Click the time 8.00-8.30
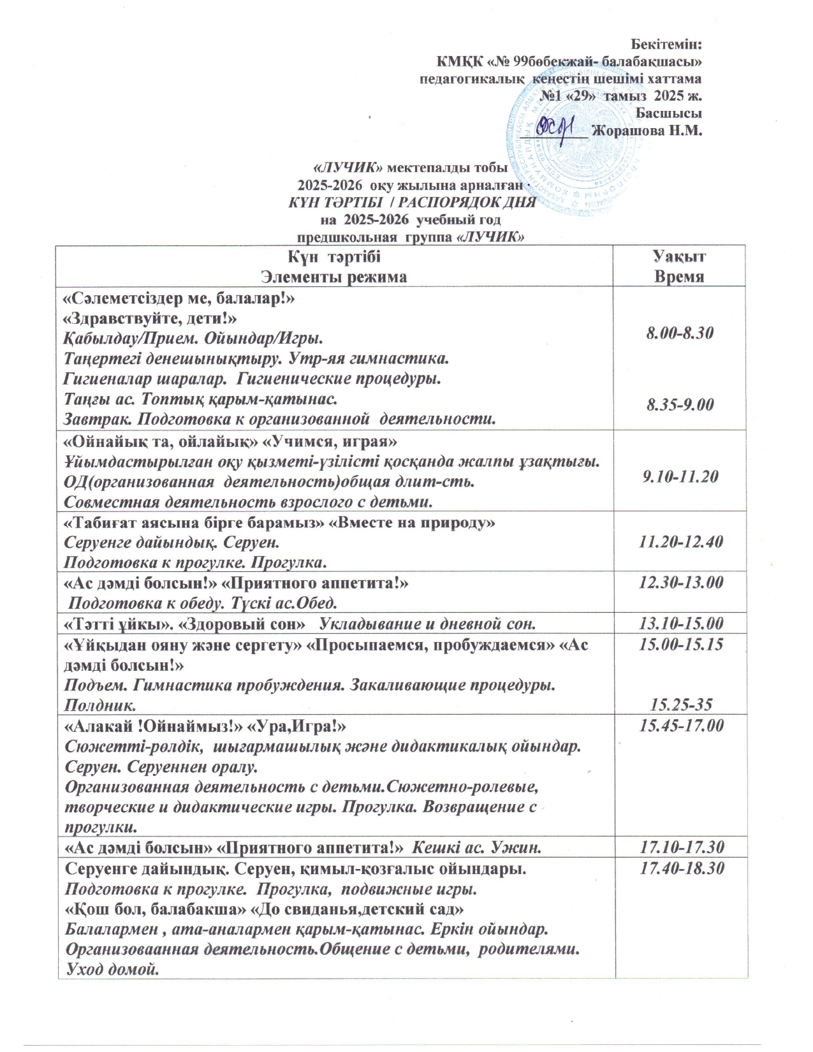(x=679, y=333)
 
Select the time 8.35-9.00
(x=679, y=404)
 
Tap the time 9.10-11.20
(x=679, y=476)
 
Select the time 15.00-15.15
(x=679, y=644)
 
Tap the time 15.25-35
(x=680, y=704)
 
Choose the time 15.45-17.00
(x=679, y=725)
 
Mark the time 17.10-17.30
(x=679, y=847)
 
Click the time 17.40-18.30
(x=679, y=868)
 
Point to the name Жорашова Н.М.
(x=647, y=131)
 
